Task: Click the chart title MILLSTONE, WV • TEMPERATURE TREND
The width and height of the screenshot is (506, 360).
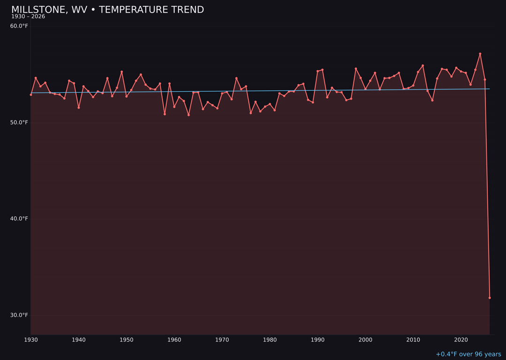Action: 107,10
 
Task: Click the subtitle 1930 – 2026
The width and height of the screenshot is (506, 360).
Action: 28,17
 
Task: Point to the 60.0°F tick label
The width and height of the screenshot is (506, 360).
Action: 19,26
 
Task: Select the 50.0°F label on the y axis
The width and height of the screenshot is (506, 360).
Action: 19,122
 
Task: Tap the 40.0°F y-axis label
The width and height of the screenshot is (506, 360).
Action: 19,218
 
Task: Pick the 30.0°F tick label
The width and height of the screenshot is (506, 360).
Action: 19,315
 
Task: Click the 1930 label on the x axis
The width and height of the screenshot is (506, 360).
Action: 31,340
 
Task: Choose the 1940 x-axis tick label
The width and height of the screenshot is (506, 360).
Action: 79,340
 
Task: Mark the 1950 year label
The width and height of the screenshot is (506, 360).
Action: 126,340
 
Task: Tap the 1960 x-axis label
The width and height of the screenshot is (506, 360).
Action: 174,340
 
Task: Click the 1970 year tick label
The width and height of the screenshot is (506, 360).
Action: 222,340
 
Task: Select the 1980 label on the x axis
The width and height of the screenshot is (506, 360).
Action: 270,340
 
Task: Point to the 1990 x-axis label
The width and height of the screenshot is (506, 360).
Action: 318,340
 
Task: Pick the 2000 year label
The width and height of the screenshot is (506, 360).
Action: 365,340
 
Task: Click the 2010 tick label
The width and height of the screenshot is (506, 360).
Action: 413,340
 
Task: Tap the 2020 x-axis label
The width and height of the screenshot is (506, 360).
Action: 461,340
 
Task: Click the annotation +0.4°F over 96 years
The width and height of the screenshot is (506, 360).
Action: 468,354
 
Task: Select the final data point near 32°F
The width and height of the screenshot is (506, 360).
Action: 490,298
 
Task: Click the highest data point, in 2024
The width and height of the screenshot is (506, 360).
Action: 480,54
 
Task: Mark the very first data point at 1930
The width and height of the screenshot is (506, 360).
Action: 31,95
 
